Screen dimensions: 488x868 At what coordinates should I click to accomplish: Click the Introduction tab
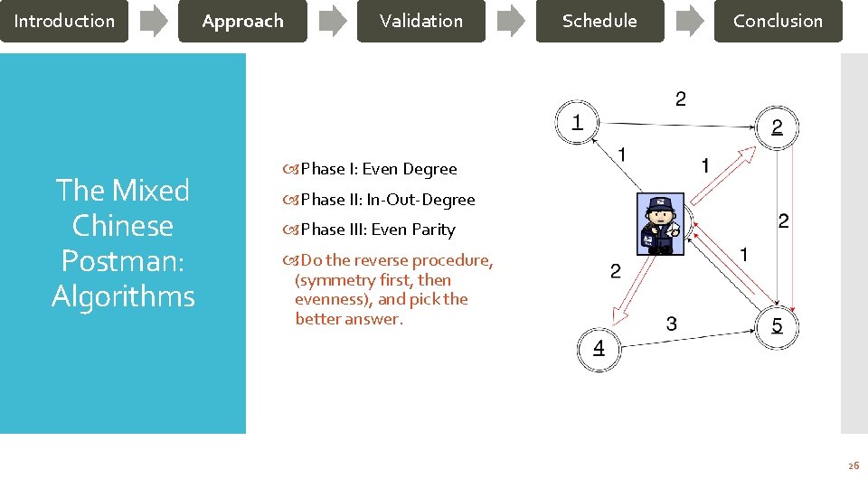[64, 21]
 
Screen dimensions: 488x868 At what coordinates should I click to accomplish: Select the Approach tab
[242, 21]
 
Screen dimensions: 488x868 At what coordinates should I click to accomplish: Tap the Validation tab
[420, 21]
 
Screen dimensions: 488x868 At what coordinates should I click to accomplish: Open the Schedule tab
[599, 21]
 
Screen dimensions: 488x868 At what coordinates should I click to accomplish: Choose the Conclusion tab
[778, 21]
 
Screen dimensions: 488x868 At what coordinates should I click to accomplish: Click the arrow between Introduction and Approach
[154, 21]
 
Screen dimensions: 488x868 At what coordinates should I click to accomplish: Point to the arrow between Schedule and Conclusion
[690, 21]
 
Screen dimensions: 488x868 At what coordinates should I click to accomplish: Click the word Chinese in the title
[122, 225]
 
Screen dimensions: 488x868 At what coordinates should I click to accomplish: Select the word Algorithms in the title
[123, 296]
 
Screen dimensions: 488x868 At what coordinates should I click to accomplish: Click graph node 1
[577, 121]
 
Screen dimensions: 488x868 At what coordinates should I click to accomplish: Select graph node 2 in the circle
[777, 127]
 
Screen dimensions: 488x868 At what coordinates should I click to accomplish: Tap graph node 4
[599, 349]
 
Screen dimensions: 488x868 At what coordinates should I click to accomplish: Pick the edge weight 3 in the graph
[671, 324]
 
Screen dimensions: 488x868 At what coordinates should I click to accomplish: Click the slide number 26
[853, 465]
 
